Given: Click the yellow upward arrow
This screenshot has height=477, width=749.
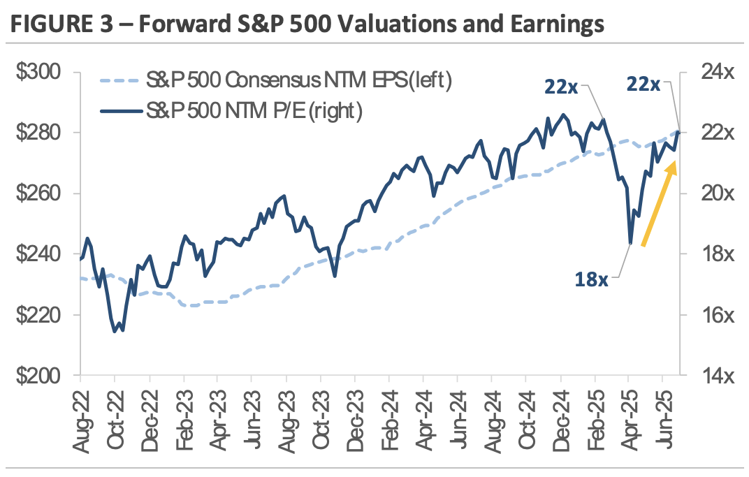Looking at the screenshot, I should [658, 203].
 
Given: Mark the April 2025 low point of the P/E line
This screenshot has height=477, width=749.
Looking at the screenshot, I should [631, 243].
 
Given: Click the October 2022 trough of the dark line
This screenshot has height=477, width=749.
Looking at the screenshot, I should [115, 331].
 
